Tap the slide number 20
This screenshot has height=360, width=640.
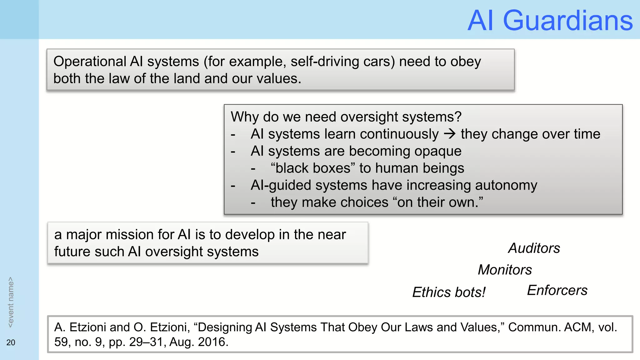(11, 342)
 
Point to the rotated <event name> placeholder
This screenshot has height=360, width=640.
(11, 302)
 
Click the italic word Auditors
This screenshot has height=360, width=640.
(534, 248)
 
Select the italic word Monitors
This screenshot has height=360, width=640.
(505, 270)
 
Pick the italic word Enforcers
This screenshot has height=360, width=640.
(557, 290)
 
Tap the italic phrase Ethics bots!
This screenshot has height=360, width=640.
(449, 292)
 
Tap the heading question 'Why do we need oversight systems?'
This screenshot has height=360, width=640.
(346, 117)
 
